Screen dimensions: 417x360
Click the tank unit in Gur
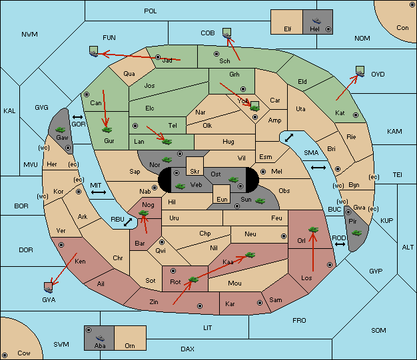[107, 130]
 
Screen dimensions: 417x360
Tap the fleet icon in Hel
[316, 21]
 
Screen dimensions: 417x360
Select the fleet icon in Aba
[100, 338]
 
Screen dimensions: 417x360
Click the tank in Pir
[356, 233]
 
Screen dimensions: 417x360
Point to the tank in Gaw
[61, 130]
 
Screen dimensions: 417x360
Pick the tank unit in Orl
[313, 230]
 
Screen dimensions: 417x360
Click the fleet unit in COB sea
[227, 33]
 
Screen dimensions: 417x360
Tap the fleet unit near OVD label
[360, 72]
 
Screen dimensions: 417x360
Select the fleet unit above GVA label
[49, 287]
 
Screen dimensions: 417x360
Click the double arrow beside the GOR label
[78, 117]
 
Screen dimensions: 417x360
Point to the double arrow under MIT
[99, 192]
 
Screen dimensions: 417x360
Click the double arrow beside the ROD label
[340, 244]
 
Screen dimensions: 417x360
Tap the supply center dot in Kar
[260, 303]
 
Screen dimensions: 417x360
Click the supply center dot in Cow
[5, 355]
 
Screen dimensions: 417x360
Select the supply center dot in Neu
[284, 236]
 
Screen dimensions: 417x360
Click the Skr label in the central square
[195, 172]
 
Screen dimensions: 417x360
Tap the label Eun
[222, 200]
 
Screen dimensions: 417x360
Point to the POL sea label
[151, 11]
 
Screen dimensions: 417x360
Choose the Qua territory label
[129, 74]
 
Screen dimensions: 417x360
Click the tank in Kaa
[250, 255]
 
